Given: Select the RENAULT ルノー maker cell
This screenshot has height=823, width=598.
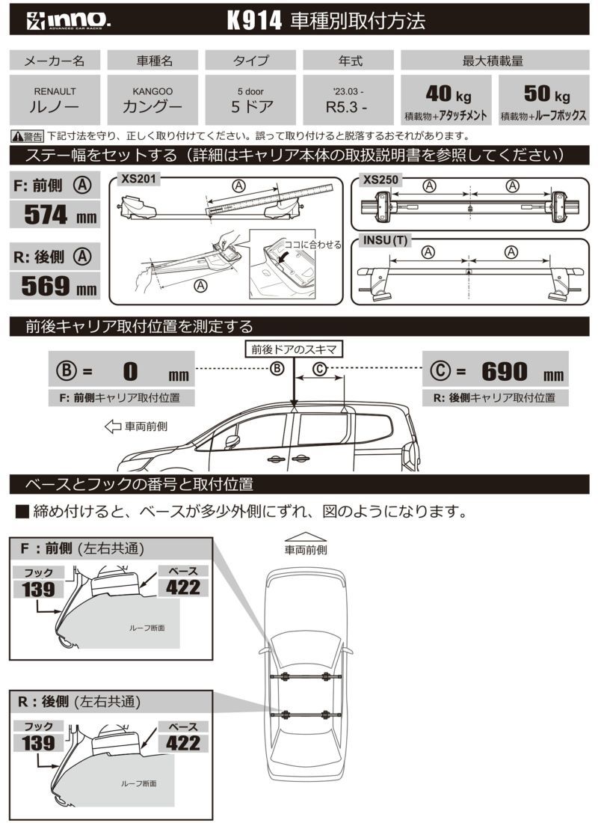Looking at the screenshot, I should click(x=55, y=99).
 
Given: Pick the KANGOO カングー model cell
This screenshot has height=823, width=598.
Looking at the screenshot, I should click(x=152, y=99).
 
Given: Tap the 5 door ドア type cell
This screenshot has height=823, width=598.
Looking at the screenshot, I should click(x=250, y=99).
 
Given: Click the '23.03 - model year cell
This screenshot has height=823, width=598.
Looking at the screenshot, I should click(x=348, y=99).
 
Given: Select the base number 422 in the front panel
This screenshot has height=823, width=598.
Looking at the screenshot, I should click(x=183, y=587).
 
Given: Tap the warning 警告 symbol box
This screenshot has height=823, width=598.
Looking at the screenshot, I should click(x=28, y=136).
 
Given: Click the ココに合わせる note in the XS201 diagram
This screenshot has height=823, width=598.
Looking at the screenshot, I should click(x=312, y=245).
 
